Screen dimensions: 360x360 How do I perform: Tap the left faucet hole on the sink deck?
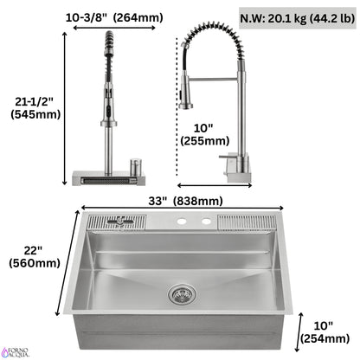[x=183, y=222]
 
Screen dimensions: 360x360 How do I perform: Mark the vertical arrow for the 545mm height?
[x=66, y=108]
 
